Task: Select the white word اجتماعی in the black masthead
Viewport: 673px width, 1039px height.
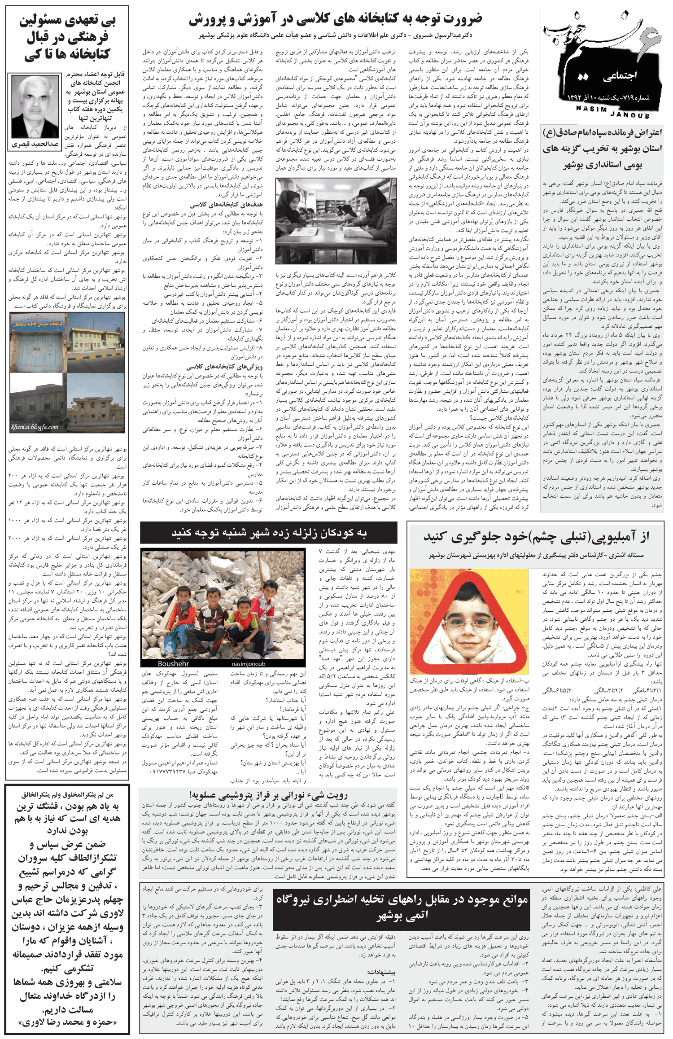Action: [620, 76]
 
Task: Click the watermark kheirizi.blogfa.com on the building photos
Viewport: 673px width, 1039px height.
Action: [35, 426]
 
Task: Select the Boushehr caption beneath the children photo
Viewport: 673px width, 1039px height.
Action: [173, 663]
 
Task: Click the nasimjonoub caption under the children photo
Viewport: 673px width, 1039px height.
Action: [248, 663]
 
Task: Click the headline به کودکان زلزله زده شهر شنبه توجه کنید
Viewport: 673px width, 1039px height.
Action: [269, 533]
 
